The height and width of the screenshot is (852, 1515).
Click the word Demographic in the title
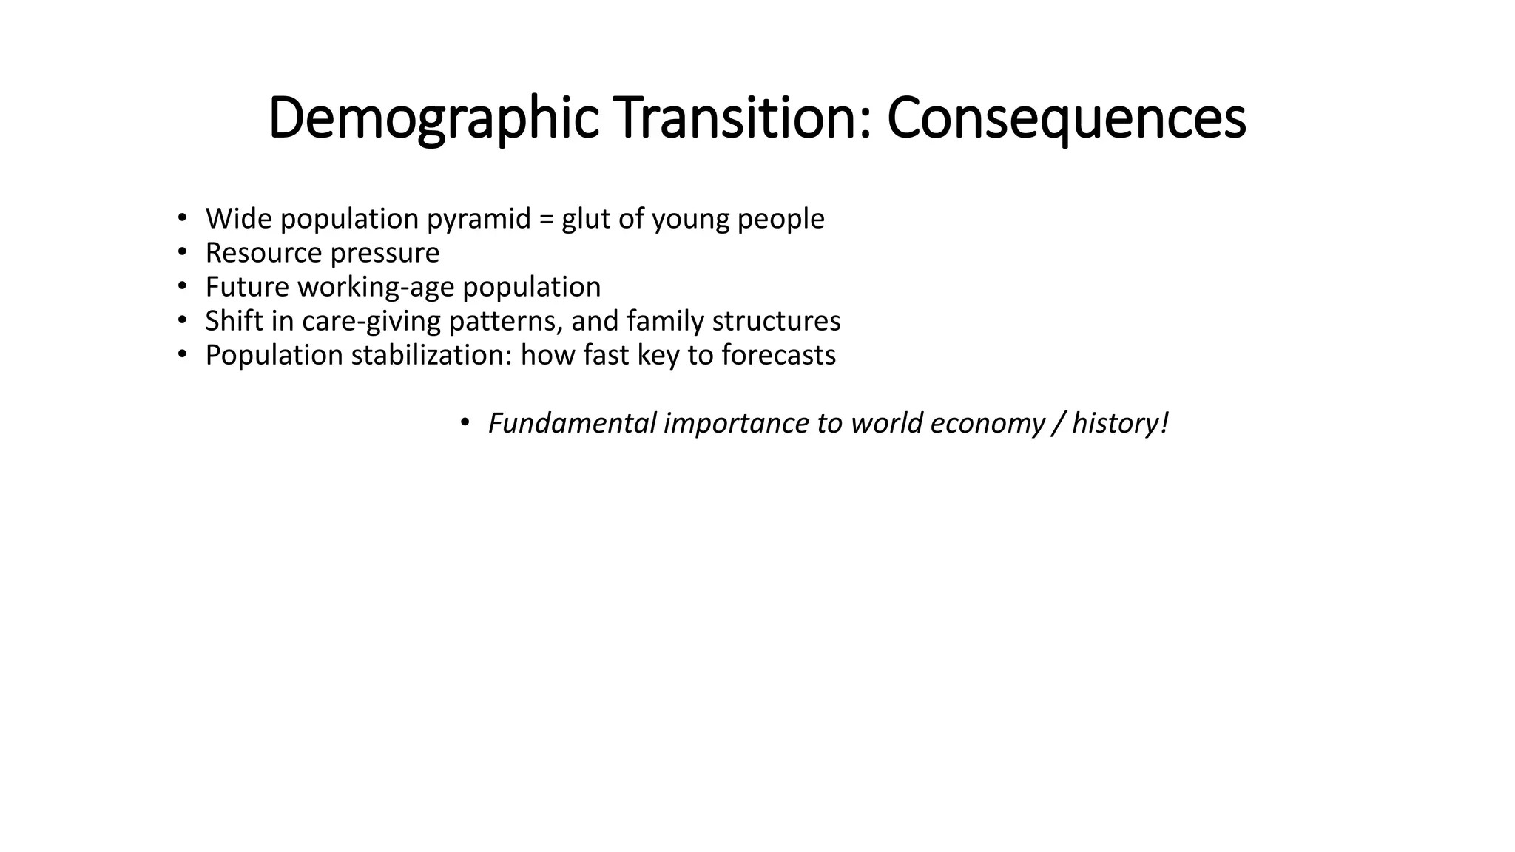click(433, 118)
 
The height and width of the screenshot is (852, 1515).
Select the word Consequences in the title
click(1066, 118)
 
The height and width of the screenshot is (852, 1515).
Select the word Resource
click(263, 253)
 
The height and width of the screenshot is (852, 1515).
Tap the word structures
click(776, 321)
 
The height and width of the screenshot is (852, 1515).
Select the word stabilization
click(432, 355)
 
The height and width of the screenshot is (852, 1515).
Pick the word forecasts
click(778, 355)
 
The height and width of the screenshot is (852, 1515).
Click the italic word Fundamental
click(572, 423)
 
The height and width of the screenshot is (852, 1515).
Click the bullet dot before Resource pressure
click(182, 253)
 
